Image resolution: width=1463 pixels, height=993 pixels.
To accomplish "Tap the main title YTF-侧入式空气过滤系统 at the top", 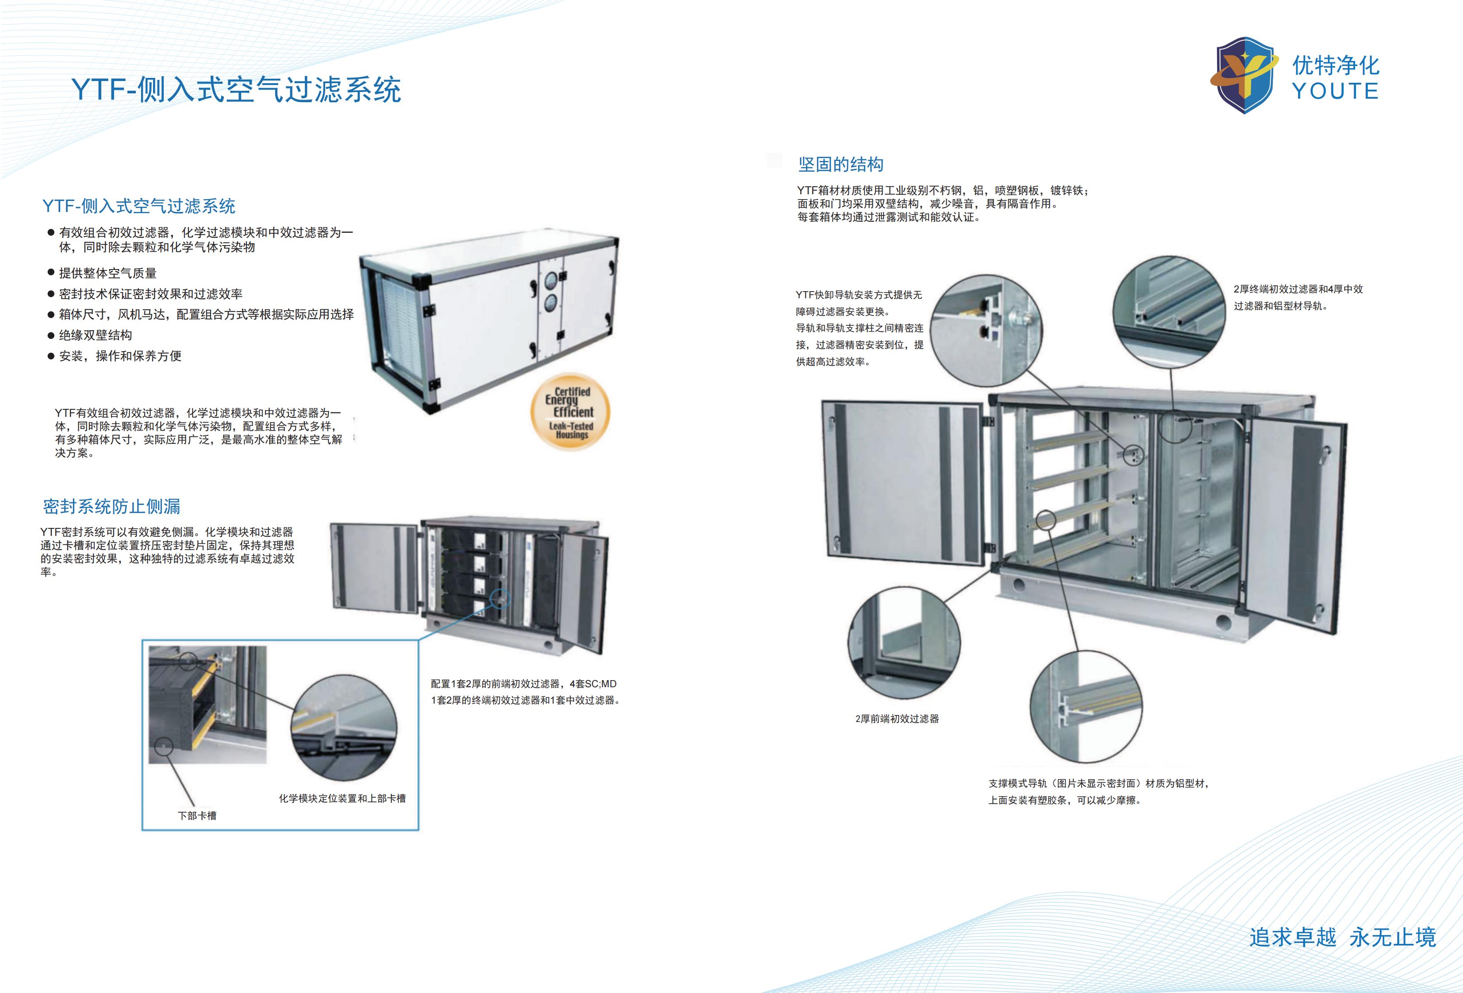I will (x=236, y=89).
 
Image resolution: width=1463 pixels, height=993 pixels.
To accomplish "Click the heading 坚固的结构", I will (x=841, y=164).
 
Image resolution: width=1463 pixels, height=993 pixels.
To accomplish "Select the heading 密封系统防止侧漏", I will (x=111, y=506).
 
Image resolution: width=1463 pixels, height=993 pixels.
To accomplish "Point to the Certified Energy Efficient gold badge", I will (x=570, y=412).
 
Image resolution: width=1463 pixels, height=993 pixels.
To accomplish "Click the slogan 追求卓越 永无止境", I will (x=1342, y=937).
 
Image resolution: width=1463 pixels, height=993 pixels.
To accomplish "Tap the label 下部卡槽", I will (x=197, y=816).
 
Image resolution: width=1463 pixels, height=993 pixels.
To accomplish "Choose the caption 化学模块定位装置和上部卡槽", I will (x=342, y=798).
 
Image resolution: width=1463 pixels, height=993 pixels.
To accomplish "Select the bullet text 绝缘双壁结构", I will (x=96, y=335).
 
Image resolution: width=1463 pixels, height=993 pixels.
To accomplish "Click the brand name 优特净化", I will (x=1335, y=65).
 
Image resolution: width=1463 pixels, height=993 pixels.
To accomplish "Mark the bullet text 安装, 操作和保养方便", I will (x=120, y=356).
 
